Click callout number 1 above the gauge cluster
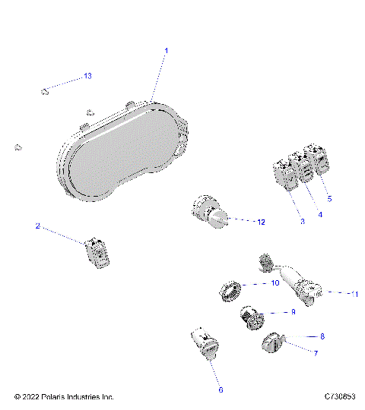point(167,50)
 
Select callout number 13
point(87,77)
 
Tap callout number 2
point(36,226)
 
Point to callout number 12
point(260,222)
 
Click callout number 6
point(221,389)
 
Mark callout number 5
point(329,198)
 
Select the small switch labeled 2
point(97,251)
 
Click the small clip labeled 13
point(44,92)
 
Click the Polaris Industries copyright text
point(64,397)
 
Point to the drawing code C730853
point(340,397)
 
